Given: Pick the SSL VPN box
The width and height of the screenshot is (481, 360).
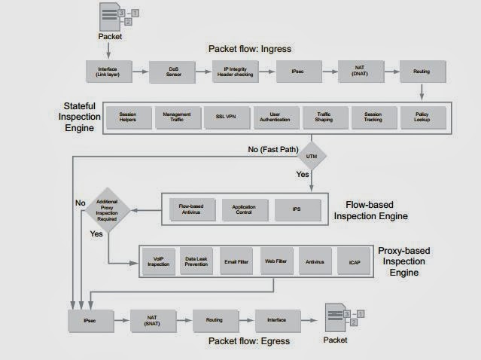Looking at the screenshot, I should [224, 117].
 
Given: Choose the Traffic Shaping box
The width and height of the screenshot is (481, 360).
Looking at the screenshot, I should [323, 117].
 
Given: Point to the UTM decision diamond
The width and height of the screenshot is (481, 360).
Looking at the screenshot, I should [311, 157].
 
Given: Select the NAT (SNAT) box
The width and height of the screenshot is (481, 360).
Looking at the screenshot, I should [152, 320].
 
